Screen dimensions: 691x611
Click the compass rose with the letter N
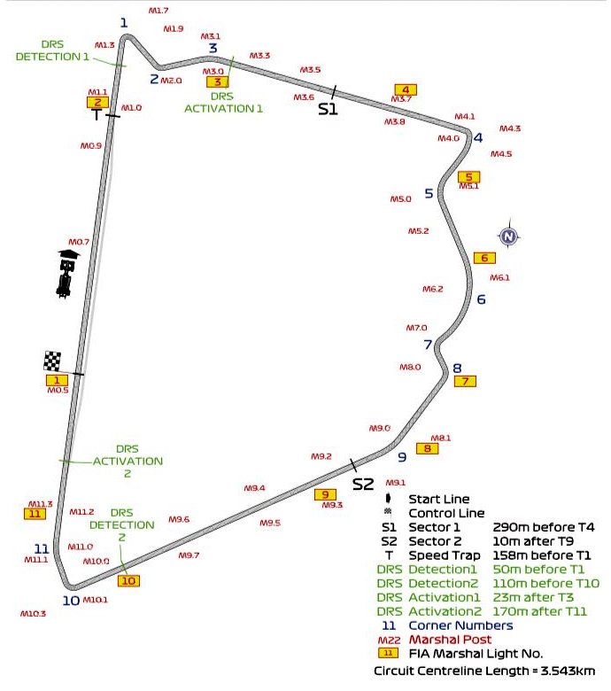tap(507, 236)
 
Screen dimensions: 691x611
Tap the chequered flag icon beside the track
tap(53, 361)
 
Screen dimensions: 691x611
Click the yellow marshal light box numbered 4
tap(406, 89)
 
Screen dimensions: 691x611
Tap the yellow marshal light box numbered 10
tap(128, 581)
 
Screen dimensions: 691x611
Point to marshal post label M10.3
tap(33, 613)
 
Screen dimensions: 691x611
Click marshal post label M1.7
tap(158, 11)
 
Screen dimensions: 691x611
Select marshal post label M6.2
tap(432, 289)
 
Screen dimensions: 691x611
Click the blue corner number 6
tap(481, 299)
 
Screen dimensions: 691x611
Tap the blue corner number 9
tap(401, 457)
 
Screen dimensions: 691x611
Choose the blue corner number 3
tap(213, 48)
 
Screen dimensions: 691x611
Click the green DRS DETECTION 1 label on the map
tap(52, 50)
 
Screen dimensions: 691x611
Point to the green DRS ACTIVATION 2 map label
tap(128, 461)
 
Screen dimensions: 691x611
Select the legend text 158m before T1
tap(541, 555)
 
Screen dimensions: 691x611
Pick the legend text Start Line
tap(438, 500)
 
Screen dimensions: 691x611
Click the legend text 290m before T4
tap(543, 527)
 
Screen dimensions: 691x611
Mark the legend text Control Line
tap(446, 513)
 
